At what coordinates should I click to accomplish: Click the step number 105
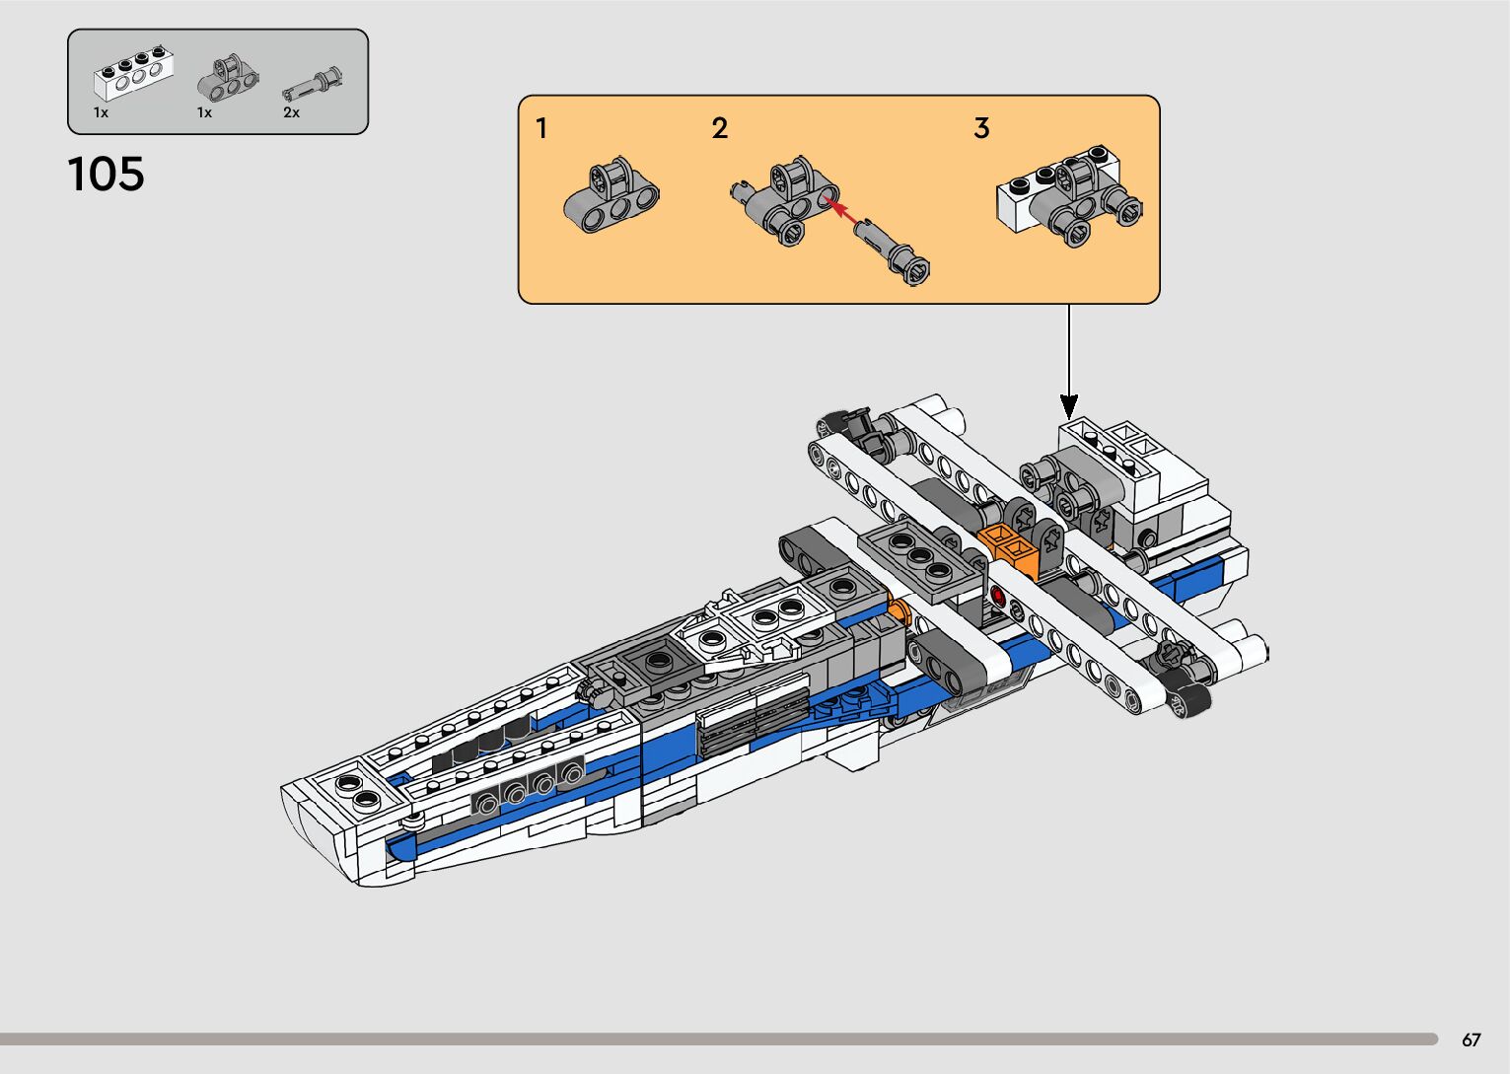[106, 175]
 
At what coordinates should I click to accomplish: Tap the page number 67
[1471, 1039]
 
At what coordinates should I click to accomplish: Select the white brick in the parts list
[133, 73]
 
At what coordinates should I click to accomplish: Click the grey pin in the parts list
[313, 84]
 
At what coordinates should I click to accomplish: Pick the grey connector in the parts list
[228, 78]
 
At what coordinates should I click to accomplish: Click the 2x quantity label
[291, 112]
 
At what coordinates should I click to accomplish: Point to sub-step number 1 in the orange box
[541, 128]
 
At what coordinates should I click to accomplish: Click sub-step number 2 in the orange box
[720, 128]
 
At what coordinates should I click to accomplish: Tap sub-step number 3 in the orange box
[981, 128]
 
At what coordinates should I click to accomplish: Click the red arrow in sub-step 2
[840, 209]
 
